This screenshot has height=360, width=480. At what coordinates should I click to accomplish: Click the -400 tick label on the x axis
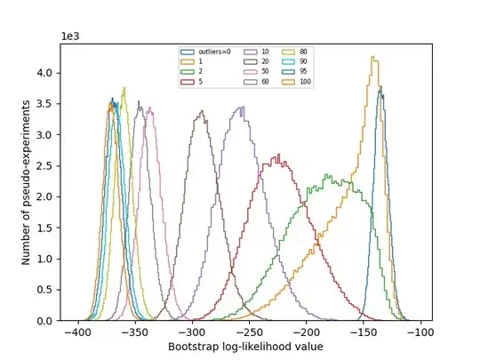pos(78,332)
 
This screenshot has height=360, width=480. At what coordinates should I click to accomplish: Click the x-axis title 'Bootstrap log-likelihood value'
pos(248,347)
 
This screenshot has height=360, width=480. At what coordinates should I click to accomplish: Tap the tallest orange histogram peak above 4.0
pos(374,58)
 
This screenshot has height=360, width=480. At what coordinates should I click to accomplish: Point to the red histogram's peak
pos(278,156)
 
